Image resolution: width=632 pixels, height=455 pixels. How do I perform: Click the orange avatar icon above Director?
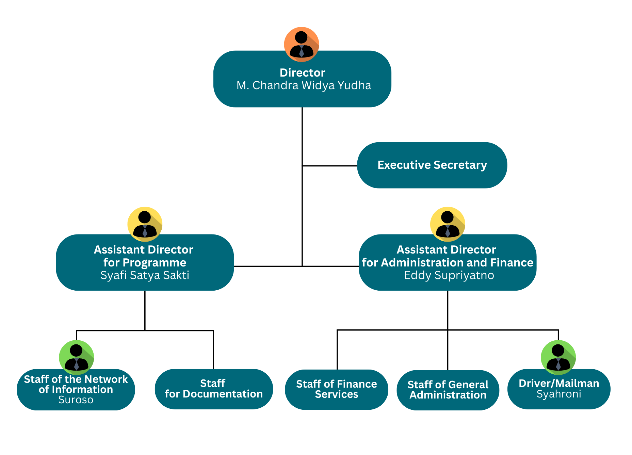[x=302, y=44]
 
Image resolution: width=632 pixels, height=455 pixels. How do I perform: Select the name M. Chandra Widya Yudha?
[x=304, y=85]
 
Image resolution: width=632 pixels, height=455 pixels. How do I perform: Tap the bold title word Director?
[x=302, y=72]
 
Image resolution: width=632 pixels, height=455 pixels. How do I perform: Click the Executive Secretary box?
[x=432, y=165]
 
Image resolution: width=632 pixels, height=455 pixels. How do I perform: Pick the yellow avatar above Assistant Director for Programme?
[x=145, y=224]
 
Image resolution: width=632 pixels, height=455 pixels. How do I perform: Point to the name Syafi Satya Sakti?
[x=145, y=275]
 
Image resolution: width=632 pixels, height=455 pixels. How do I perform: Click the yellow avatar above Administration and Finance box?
[x=448, y=224]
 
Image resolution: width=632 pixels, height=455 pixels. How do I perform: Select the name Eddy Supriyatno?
[x=449, y=275]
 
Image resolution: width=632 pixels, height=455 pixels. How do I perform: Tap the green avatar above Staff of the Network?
[x=77, y=357]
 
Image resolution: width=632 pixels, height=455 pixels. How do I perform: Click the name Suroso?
[x=76, y=400]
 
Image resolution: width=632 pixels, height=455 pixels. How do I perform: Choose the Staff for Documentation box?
[x=214, y=389]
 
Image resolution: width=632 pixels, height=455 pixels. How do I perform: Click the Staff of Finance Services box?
[x=336, y=389]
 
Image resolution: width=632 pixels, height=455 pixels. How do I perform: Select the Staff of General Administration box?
[x=448, y=390]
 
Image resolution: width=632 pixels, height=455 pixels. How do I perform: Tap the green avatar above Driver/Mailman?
[x=558, y=357]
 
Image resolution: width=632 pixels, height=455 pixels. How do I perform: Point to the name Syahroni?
[x=559, y=394]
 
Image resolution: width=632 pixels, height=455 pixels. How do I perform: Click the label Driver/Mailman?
[x=559, y=383]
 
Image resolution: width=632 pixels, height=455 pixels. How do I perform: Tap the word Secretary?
[x=460, y=165]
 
